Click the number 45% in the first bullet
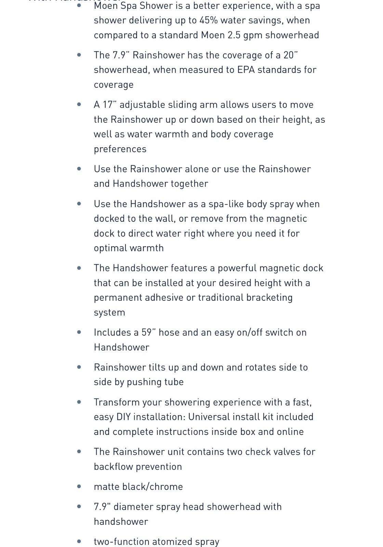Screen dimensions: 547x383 208,21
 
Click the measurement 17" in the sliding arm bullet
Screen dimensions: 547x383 109,105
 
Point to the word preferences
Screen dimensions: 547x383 120,149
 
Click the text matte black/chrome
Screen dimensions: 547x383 138,487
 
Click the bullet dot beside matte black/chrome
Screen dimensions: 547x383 79,486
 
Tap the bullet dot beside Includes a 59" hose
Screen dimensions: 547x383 79,332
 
